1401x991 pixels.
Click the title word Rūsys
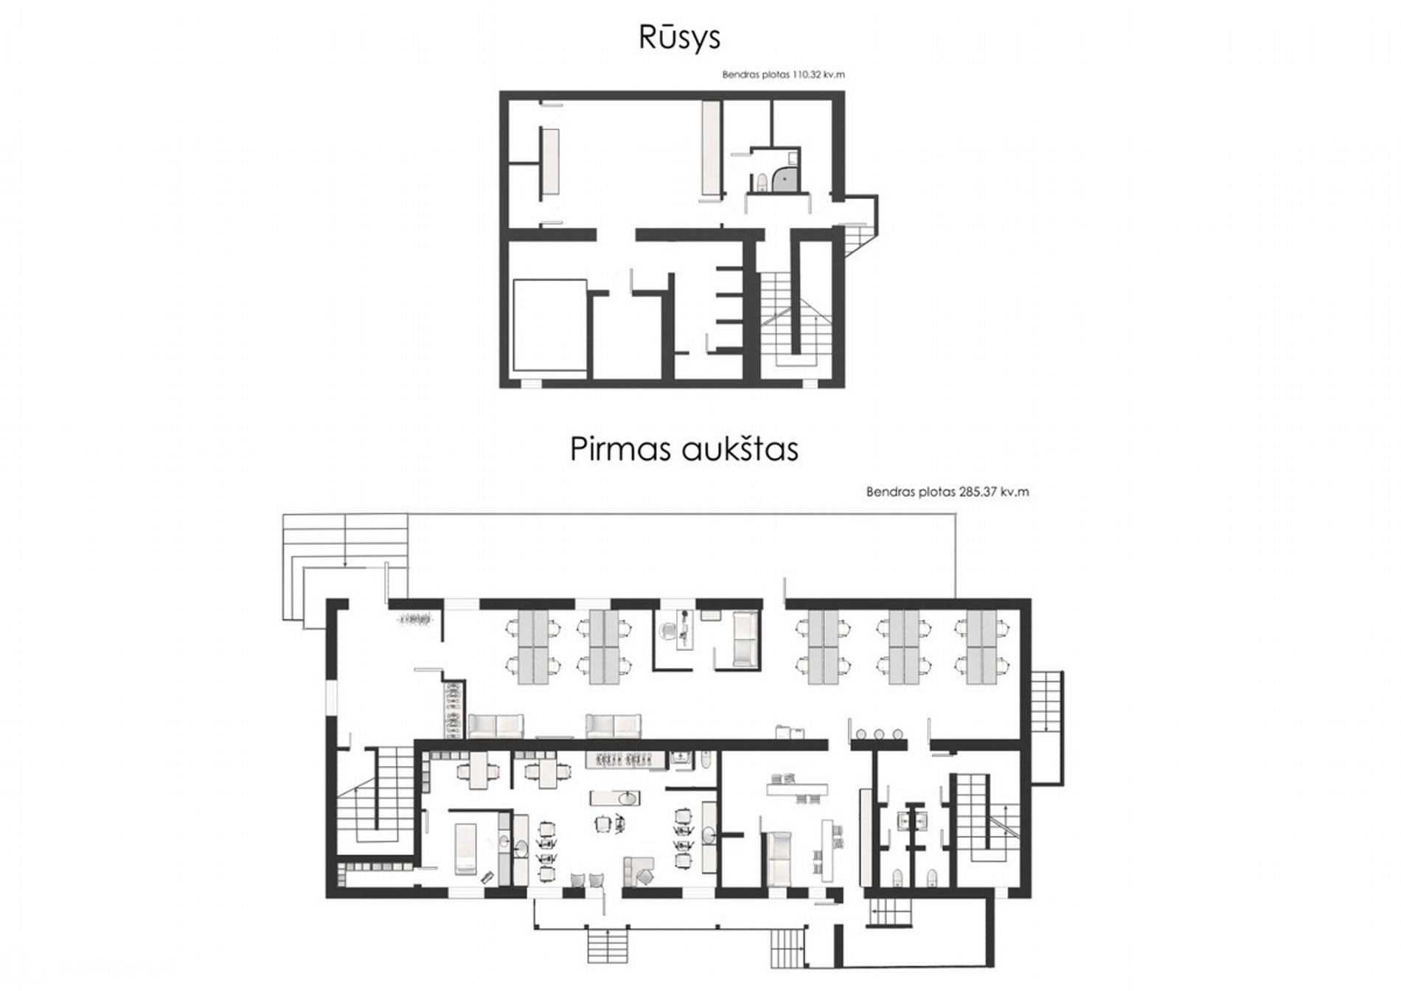[679, 39]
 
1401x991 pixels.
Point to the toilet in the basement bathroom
[762, 182]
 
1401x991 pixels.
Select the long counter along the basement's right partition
[710, 149]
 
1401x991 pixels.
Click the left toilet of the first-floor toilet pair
[897, 877]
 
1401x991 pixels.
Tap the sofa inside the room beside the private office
[745, 639]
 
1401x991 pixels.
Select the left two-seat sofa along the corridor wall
[496, 726]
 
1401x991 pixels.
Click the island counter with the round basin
[615, 798]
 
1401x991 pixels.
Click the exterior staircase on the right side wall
[1046, 701]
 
